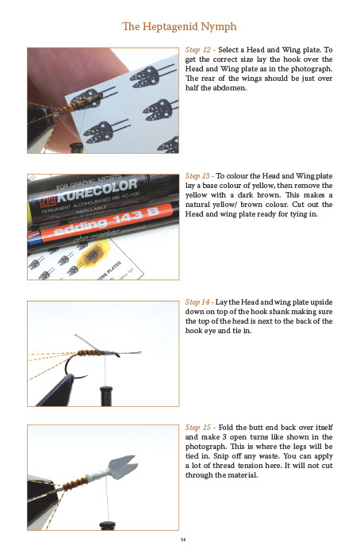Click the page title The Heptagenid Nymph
click(x=179, y=27)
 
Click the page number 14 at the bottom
click(x=180, y=539)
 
